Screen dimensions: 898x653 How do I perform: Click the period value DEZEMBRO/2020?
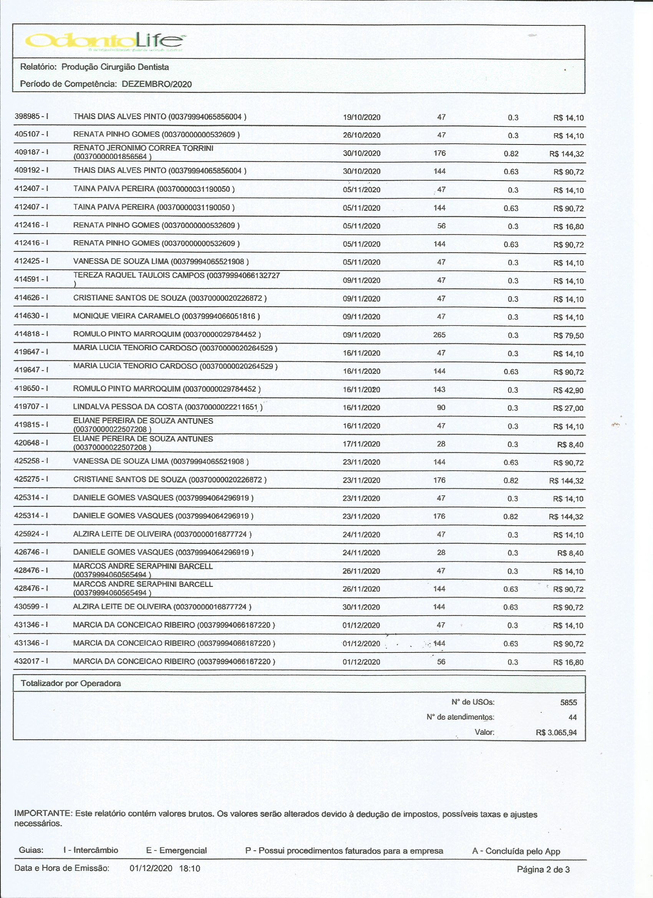[x=157, y=84]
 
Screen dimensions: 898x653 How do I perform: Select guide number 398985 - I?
[x=31, y=116]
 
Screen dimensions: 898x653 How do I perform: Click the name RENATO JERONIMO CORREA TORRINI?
[x=143, y=148]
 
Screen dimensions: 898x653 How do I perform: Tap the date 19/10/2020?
[x=361, y=118]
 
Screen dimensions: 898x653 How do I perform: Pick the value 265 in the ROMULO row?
[x=439, y=335]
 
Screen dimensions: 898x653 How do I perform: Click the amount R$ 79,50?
[x=568, y=336]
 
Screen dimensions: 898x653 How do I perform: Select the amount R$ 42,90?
[x=568, y=390]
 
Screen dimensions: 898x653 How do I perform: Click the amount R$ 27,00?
[x=568, y=408]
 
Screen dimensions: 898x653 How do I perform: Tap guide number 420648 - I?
[x=31, y=443]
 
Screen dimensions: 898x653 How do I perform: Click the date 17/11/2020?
[x=361, y=444]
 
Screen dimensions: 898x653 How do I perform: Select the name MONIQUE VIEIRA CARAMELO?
[x=127, y=316]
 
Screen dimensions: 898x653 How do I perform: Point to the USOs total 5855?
[x=568, y=702]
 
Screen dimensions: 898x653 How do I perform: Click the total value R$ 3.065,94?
[x=556, y=732]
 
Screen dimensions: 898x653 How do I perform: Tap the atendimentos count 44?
[x=572, y=717]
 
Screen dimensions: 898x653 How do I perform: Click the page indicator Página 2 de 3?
[x=543, y=870]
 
